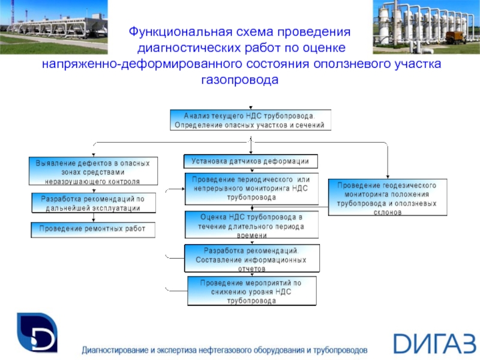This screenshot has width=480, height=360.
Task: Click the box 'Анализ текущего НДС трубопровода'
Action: pos(249,120)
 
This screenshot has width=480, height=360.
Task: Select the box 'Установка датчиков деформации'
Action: pos(250,161)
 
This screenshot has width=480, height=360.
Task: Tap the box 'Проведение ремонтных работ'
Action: pos(93,229)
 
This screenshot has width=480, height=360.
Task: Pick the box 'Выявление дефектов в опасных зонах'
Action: pos(93,171)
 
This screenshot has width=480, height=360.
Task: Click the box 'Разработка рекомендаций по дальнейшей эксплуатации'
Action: pos(93,203)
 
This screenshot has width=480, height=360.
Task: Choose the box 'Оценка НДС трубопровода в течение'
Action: pos(252,226)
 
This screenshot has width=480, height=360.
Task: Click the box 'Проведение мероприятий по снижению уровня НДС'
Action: pos(251,290)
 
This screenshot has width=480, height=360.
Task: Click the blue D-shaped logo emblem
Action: pos(37,333)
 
